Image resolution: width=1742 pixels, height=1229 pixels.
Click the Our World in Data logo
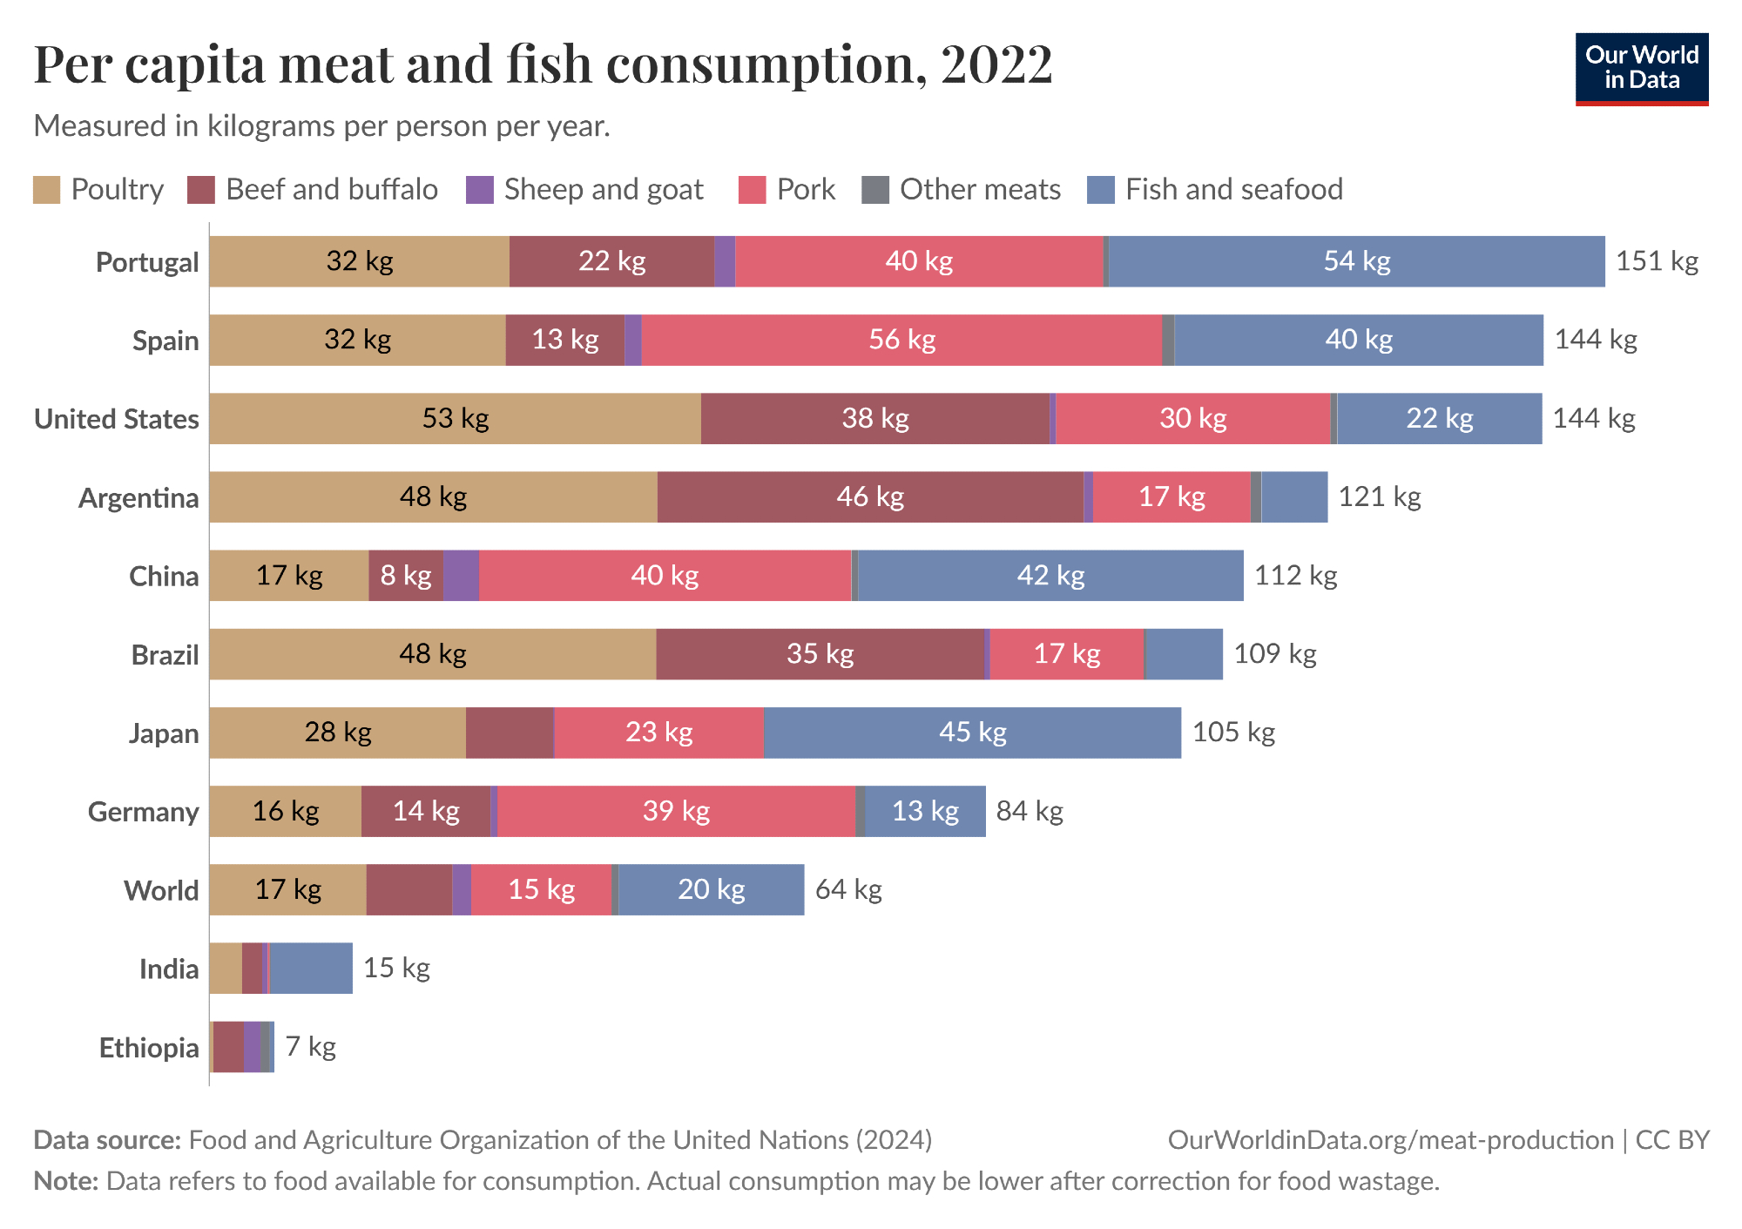click(1641, 69)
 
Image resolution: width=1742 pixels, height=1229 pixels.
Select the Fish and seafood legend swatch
click(1101, 190)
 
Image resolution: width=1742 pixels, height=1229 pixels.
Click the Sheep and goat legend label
click(603, 190)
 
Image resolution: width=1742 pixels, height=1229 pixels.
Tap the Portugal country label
click(147, 262)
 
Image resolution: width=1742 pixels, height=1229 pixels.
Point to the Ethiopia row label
click(149, 1047)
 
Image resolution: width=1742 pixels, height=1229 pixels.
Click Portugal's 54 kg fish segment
click(1356, 261)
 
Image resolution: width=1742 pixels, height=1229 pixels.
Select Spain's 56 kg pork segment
click(901, 340)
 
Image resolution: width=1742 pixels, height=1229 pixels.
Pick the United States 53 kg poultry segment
click(455, 419)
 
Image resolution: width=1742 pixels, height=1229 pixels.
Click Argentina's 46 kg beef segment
click(870, 497)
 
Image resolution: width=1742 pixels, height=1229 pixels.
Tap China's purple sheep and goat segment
click(461, 576)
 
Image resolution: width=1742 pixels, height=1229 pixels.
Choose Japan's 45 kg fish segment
click(972, 733)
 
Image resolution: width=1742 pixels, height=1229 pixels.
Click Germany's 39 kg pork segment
click(676, 811)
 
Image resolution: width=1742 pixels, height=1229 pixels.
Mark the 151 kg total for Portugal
click(1657, 261)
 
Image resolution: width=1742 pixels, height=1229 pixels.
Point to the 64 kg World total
click(848, 889)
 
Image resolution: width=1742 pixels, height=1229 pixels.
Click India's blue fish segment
click(311, 968)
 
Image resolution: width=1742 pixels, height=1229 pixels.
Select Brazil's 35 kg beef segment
click(820, 654)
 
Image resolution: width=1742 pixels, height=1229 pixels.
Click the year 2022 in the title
click(996, 64)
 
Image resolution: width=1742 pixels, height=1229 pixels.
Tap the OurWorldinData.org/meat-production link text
click(1390, 1140)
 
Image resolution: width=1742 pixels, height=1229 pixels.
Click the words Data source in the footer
click(107, 1140)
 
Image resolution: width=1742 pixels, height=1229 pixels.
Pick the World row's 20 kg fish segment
click(711, 889)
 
